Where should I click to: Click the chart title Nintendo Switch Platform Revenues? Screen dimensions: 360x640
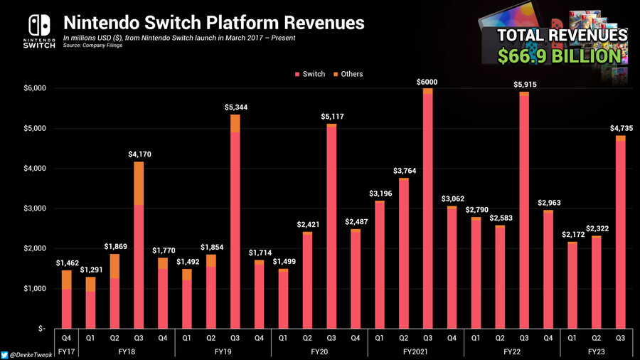click(213, 22)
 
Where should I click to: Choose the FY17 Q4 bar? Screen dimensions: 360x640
click(66, 300)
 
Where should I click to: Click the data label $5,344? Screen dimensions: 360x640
click(235, 107)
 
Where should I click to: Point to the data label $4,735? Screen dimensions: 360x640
click(620, 128)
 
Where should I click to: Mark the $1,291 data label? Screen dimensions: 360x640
click(90, 270)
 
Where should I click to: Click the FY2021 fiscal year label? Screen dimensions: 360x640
click(415, 351)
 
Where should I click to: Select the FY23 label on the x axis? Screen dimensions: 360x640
click(596, 351)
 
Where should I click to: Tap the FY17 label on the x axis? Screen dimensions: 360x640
click(66, 351)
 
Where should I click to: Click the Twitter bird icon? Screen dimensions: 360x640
click(6, 354)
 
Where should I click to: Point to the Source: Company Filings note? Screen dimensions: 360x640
click(93, 46)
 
